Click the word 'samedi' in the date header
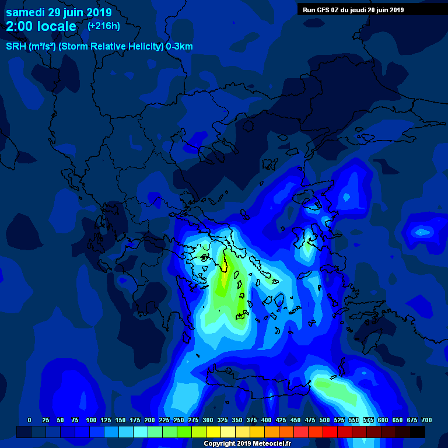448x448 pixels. pos(25,12)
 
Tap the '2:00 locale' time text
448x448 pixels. pos(41,27)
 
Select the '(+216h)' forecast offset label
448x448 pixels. pos(103,26)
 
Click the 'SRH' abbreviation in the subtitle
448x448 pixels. pos(16,47)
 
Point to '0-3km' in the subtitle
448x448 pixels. pos(179,47)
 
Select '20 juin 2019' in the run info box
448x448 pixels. pos(383,10)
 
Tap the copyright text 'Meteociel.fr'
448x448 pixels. pos(270,444)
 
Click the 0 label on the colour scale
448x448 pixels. pos(29,420)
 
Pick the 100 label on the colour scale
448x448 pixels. pos(91,420)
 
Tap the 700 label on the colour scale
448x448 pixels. pos(426,420)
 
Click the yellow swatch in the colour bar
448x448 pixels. pos(213,432)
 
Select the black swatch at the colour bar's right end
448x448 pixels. pos(418,432)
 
